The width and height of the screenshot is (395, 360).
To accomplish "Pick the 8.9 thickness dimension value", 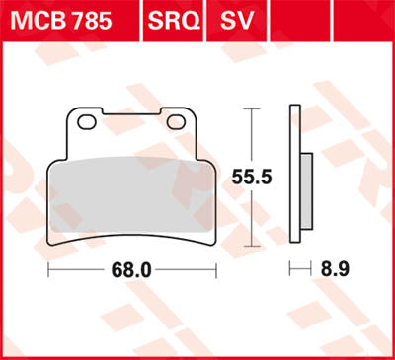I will (333, 267).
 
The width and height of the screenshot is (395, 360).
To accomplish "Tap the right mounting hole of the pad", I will (178, 122).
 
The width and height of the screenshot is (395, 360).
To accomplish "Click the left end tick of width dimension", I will (48, 267).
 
